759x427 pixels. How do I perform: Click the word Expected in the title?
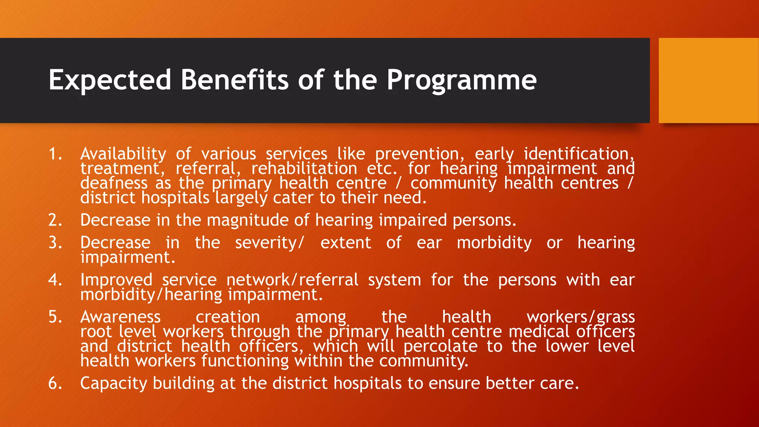coord(110,80)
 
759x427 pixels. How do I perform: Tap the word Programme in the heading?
coord(461,80)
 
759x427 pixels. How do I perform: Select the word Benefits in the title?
coord(234,80)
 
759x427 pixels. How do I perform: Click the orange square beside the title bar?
coord(708,80)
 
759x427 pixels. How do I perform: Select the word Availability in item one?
coord(123,154)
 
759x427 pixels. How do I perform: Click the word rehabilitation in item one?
coord(304,169)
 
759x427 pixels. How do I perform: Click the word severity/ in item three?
coord(269,243)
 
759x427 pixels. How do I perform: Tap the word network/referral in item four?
coord(292,280)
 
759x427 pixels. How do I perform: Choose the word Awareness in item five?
coord(120,317)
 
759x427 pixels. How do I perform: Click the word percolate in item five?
coord(440,347)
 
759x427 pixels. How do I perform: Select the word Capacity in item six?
coord(113,383)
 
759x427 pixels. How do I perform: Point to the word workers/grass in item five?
coord(580,317)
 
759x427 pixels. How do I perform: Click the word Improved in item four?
coord(116,280)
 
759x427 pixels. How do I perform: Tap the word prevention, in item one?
coord(420,154)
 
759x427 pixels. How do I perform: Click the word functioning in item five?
coord(245,361)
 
